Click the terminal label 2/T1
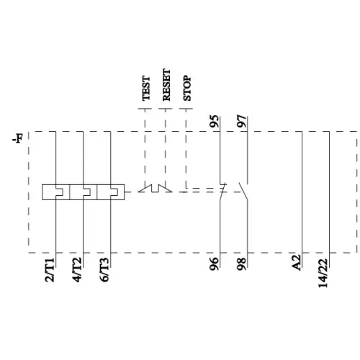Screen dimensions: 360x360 coord(50,271)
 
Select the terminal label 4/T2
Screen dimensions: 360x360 coord(78,271)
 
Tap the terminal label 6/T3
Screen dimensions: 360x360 coord(106,271)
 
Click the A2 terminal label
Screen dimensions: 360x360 coord(295,264)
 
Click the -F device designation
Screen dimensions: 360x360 coord(16,136)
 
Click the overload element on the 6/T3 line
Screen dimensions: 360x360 coord(110,192)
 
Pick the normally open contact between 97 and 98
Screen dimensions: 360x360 coord(246,192)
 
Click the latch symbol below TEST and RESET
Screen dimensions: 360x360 coord(155,189)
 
